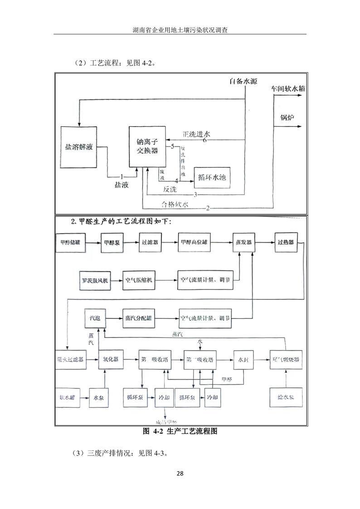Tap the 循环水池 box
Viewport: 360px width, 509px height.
pyautogui.click(x=212, y=178)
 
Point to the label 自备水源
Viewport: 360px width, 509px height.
pyautogui.click(x=243, y=81)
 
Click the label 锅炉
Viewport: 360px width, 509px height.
pyautogui.click(x=287, y=117)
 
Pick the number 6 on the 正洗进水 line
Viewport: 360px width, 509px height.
pyautogui.click(x=204, y=140)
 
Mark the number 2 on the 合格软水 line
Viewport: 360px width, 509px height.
pyautogui.click(x=207, y=208)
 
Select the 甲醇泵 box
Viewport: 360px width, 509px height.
pyautogui.click(x=112, y=242)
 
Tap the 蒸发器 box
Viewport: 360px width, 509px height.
pyautogui.click(x=244, y=242)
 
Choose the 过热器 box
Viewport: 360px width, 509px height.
pyautogui.click(x=285, y=242)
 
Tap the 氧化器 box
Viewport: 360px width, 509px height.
pyautogui.click(x=110, y=359)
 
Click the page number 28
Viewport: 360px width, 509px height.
pyautogui.click(x=180, y=474)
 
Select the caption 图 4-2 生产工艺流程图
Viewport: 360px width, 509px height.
pyautogui.click(x=180, y=431)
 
